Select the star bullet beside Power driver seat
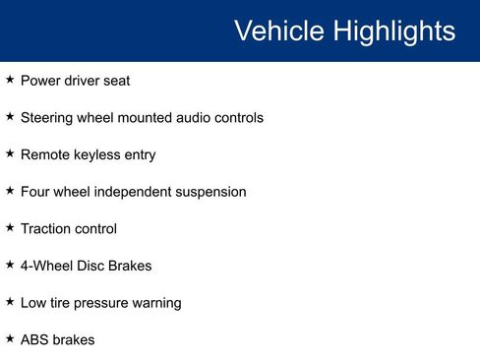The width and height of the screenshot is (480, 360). pyautogui.click(x=10, y=80)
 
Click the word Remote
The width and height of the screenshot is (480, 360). pyautogui.click(x=46, y=155)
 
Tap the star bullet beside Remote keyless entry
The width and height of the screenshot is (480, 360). pyautogui.click(x=10, y=154)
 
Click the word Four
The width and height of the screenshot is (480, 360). pyautogui.click(x=36, y=192)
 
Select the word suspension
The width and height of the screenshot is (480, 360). pyautogui.click(x=210, y=192)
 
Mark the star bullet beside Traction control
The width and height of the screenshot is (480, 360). pyautogui.click(x=10, y=228)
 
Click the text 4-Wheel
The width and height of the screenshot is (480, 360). pyautogui.click(x=46, y=266)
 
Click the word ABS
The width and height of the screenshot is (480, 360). pyautogui.click(x=35, y=340)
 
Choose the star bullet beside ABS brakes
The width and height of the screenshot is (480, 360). pyautogui.click(x=10, y=339)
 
